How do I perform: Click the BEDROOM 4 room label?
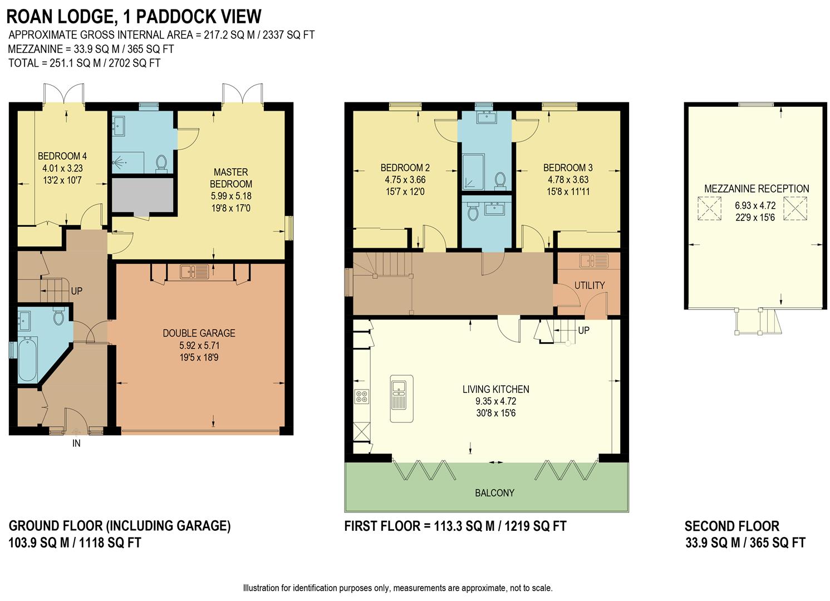(x=62, y=156)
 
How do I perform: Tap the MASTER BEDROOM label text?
(x=231, y=178)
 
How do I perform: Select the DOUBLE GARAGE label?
(x=199, y=333)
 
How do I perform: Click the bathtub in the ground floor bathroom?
(x=28, y=358)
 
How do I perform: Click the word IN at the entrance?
(x=76, y=444)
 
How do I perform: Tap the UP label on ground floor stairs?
(x=77, y=291)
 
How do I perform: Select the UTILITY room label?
(x=590, y=285)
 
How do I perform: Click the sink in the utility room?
(x=594, y=260)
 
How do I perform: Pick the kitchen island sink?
(x=401, y=398)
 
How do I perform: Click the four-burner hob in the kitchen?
(x=362, y=397)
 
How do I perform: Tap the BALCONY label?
(x=495, y=493)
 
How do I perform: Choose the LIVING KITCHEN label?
(x=496, y=389)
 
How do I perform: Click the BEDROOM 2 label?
(x=405, y=168)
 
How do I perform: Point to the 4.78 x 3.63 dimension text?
(x=568, y=180)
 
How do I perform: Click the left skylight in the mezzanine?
(x=710, y=209)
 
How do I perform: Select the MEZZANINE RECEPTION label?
(x=757, y=189)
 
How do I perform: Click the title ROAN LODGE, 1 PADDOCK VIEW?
(x=134, y=17)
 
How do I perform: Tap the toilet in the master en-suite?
(x=161, y=163)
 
